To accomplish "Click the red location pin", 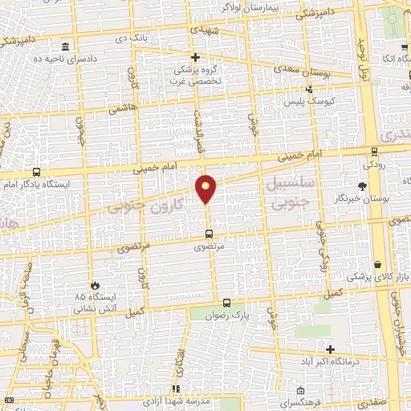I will click(206, 188).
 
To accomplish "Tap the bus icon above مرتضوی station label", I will click(209, 234).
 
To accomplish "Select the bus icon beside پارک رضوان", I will click(227, 303).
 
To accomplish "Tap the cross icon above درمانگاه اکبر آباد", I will click(330, 348).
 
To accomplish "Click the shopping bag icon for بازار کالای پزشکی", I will click(377, 264).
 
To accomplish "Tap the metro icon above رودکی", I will click(373, 152).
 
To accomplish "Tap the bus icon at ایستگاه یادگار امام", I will click(36, 172).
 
